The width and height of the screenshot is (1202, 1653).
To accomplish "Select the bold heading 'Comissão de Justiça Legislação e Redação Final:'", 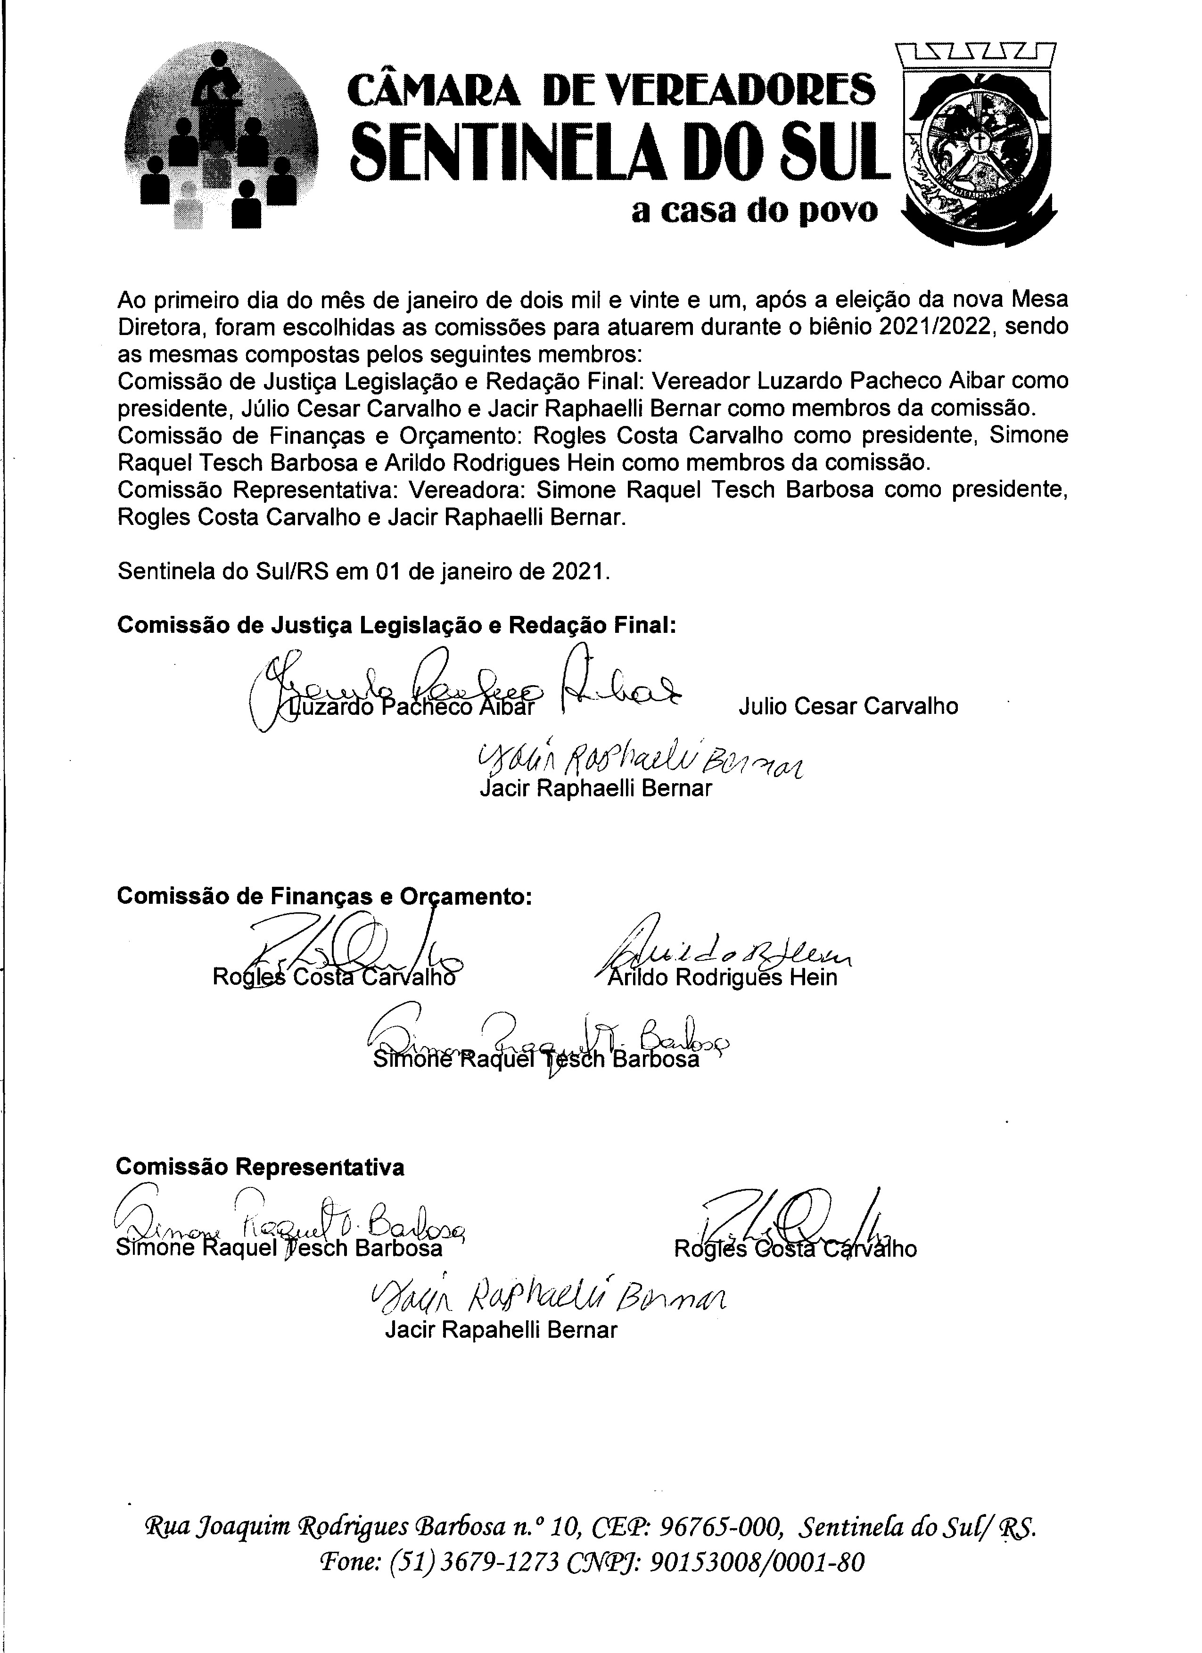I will click(x=396, y=625).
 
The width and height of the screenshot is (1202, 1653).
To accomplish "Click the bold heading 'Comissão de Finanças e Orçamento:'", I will click(x=324, y=896).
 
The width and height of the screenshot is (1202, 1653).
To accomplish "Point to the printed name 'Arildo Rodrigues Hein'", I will click(x=722, y=977).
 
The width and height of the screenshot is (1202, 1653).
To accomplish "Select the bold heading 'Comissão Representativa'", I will click(x=260, y=1166).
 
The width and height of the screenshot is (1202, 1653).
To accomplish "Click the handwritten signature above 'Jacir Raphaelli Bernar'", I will click(x=638, y=761).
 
